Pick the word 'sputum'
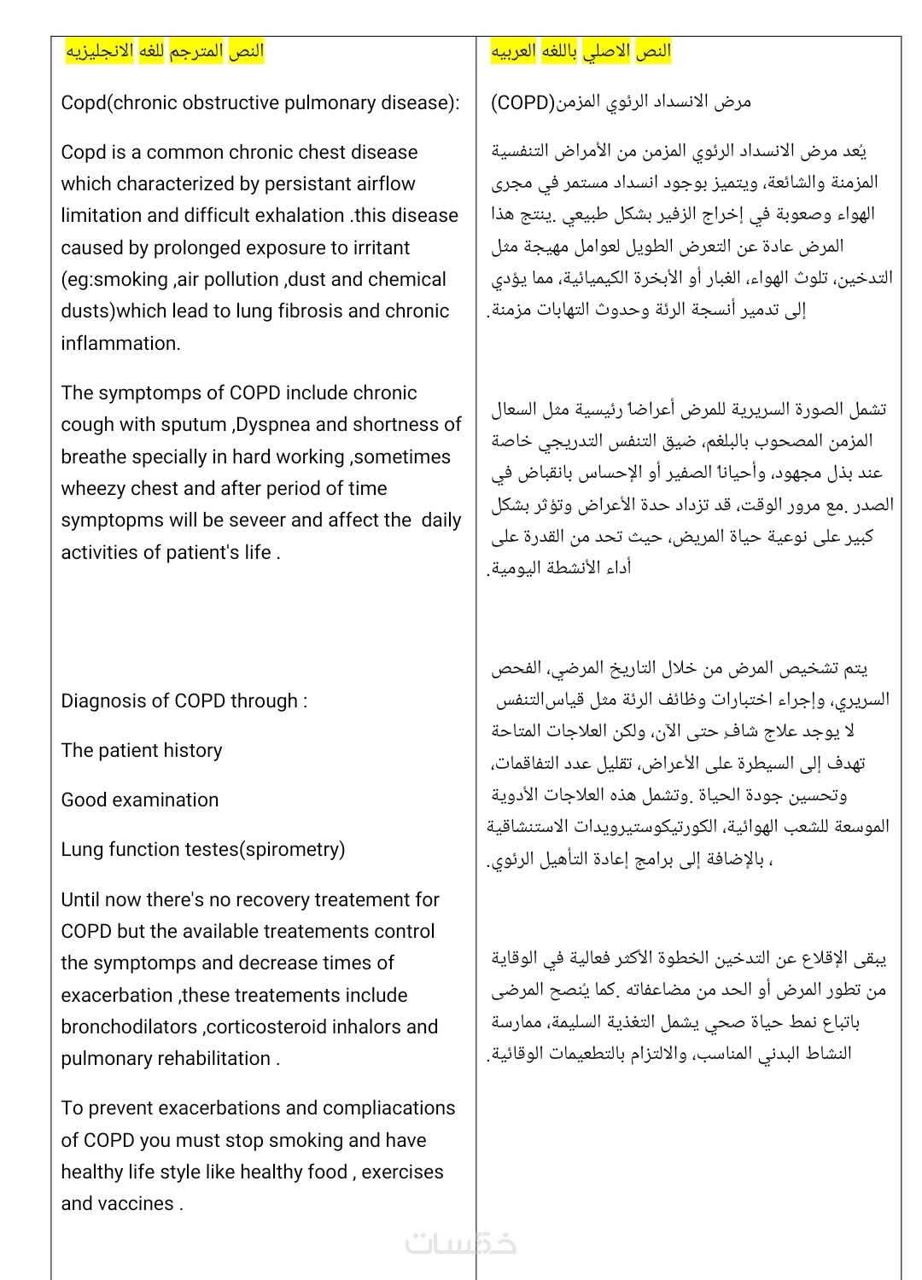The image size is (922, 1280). tap(194, 425)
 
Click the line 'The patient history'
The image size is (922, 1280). tap(142, 751)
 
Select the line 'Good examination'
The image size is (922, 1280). tap(140, 800)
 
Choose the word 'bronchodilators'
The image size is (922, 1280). tap(129, 1027)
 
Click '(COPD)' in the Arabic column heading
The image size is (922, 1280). tap(522, 103)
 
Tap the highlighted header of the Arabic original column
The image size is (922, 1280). tap(581, 51)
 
